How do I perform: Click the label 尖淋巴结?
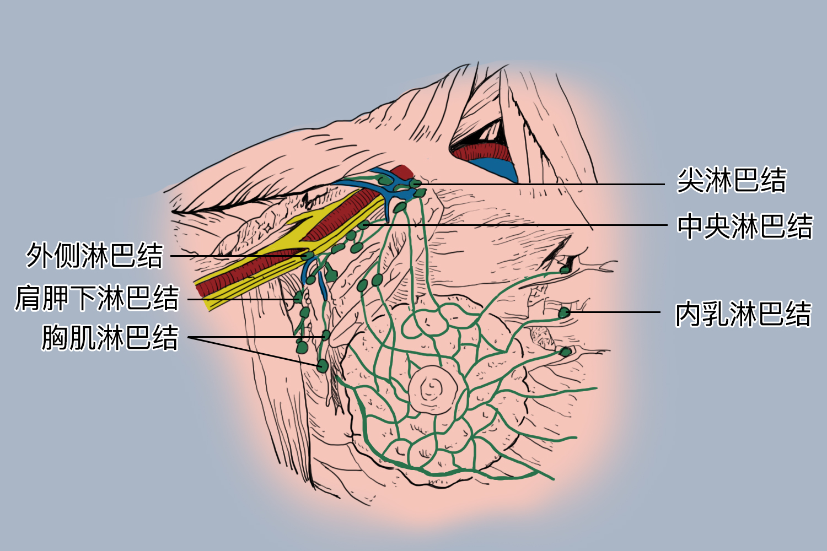click(x=732, y=180)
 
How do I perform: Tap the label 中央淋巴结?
click(x=745, y=226)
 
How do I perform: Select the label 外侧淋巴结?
click(x=94, y=255)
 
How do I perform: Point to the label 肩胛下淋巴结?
click(x=97, y=298)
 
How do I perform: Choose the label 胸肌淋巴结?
click(x=110, y=337)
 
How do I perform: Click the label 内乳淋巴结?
click(x=743, y=314)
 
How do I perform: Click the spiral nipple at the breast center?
click(x=433, y=390)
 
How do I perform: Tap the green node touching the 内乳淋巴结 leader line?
click(x=564, y=312)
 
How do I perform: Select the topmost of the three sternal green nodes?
click(x=565, y=271)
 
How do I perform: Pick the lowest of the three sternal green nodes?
click(x=565, y=352)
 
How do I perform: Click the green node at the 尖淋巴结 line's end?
click(x=415, y=183)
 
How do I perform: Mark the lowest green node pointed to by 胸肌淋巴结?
click(x=323, y=366)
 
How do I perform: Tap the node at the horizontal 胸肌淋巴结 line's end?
click(x=326, y=336)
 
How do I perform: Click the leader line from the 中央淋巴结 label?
click(x=515, y=225)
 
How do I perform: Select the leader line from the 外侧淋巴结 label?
click(x=239, y=255)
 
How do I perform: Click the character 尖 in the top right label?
click(x=690, y=180)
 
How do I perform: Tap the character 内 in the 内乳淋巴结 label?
click(x=688, y=314)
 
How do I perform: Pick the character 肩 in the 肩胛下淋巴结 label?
click(x=28, y=298)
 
